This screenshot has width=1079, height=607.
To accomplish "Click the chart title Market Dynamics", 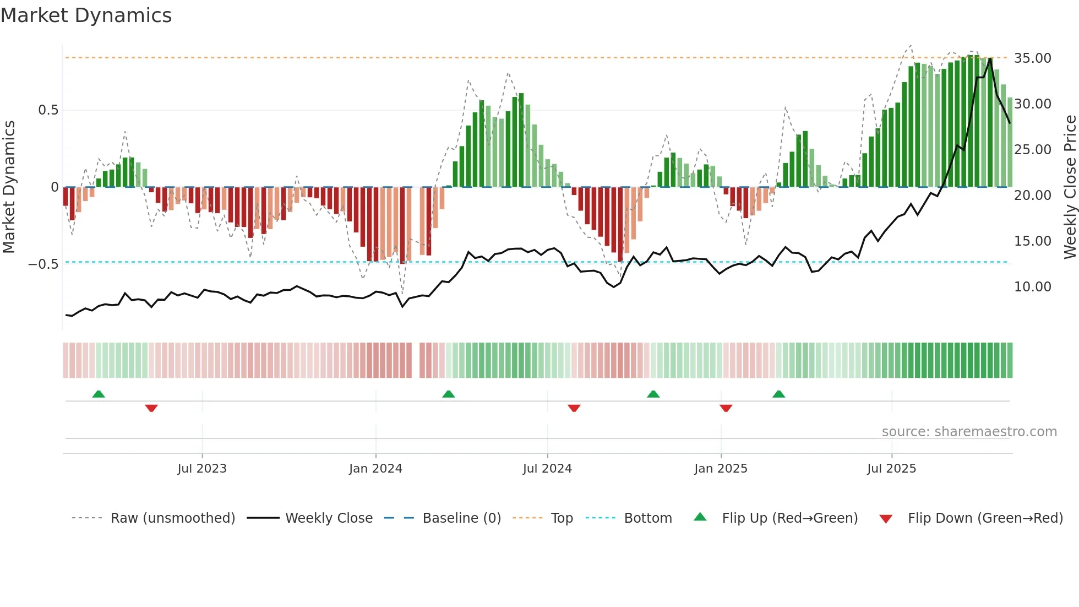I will (86, 15).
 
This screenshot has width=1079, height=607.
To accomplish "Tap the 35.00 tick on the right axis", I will (1032, 58).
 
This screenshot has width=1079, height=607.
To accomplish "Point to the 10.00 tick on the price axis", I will (1032, 287).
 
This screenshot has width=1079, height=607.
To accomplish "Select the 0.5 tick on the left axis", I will (48, 110).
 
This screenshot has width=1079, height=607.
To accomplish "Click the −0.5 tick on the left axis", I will (43, 264).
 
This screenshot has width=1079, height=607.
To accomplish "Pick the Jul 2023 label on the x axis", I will (202, 469).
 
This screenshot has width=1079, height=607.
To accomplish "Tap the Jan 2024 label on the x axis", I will (375, 469).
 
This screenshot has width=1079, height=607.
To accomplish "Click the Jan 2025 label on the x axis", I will (721, 469).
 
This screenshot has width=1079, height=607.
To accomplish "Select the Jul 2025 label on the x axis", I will (891, 469).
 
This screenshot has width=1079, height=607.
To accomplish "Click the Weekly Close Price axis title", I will (1070, 187).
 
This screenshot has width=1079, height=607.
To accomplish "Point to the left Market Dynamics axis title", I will (9, 187).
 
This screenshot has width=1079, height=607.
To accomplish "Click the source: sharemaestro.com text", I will (969, 432).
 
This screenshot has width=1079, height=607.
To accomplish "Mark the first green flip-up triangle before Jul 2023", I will (99, 394).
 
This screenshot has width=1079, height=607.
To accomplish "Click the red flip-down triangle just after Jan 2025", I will (726, 408).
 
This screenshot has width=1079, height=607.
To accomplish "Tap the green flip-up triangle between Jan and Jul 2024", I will (449, 394).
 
